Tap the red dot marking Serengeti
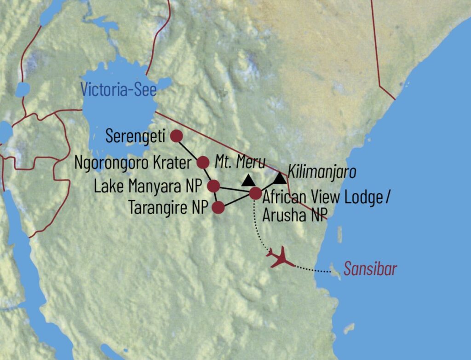[x=176, y=136]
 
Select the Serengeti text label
[x=135, y=136]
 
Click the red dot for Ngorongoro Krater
[x=203, y=162]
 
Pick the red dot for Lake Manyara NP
[x=213, y=186]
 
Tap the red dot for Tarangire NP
[x=218, y=208]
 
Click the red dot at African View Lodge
[x=255, y=194]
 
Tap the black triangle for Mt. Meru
[x=248, y=179]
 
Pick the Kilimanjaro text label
[x=322, y=173]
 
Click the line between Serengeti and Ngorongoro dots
[x=190, y=149]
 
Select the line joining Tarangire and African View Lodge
[x=237, y=201]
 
